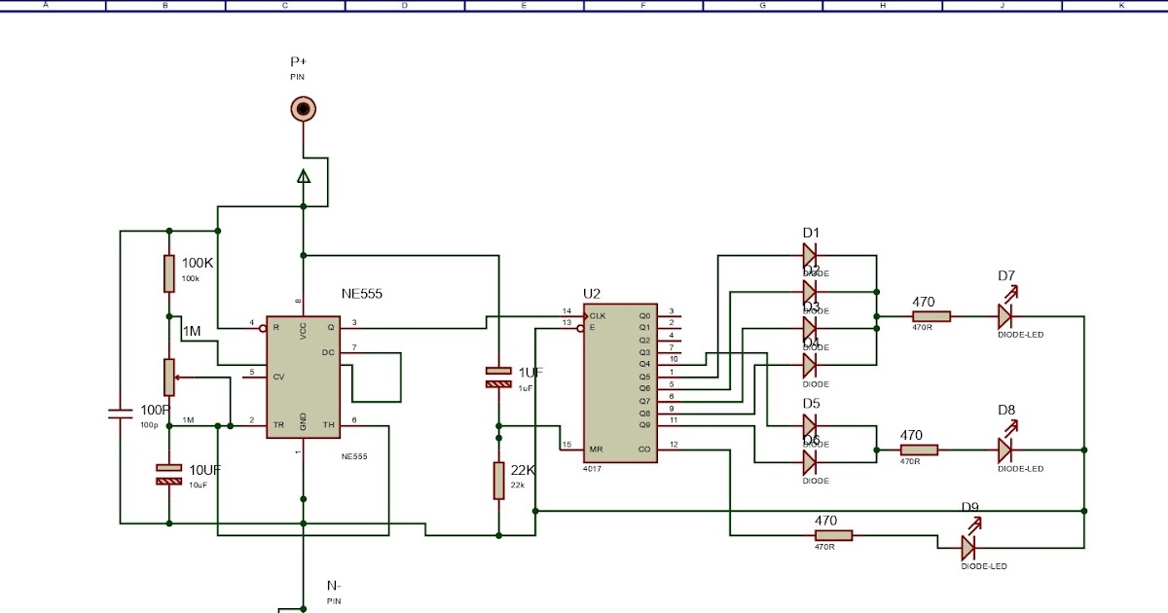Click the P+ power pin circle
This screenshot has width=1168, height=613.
coord(304,109)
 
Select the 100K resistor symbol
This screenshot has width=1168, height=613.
coord(169,274)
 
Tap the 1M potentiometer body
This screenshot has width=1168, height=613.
coord(169,378)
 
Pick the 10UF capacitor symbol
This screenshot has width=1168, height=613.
coord(169,474)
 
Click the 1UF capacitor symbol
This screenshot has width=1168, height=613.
coord(498,378)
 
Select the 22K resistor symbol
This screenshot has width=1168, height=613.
coord(498,481)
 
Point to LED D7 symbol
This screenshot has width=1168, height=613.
coord(1005,315)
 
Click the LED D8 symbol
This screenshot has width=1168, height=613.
coord(1005,450)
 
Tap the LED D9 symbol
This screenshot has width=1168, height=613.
coord(969,546)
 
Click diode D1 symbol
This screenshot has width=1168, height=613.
coord(810,256)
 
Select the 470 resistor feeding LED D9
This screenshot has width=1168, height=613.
coord(833,535)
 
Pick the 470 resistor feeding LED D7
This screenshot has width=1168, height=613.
coord(931,315)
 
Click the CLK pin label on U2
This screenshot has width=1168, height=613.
coord(598,315)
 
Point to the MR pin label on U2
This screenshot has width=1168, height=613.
coord(596,449)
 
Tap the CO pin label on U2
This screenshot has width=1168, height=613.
coord(643,449)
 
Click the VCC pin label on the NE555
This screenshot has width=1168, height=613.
coord(304,330)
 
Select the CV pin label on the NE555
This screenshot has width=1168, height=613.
coord(278,377)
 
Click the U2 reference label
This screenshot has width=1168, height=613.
coord(593,293)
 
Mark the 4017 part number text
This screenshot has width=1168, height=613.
coord(593,469)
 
